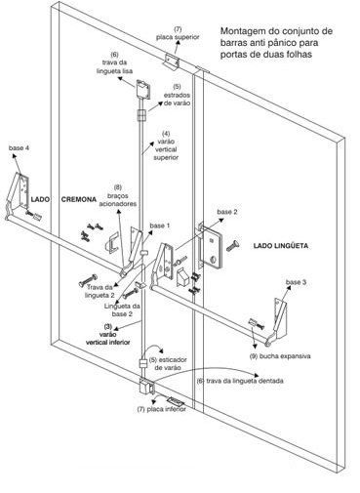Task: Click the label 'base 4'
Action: pos(19,148)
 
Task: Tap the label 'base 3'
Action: pos(296,282)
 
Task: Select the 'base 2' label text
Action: pos(227,212)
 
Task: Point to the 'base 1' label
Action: pos(160,226)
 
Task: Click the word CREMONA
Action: pos(79,199)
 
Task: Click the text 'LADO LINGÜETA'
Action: pos(281,246)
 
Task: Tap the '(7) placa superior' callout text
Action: pos(178,33)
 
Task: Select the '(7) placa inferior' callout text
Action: pos(162,409)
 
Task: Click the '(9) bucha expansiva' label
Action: pos(280,356)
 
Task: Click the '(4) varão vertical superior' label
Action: pos(166,145)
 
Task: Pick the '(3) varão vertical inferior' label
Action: pos(108,334)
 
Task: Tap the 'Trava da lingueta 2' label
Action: pos(100,291)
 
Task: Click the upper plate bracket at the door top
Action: pos(172,62)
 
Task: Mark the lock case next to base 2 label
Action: pos(211,246)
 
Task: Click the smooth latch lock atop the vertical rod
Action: pos(143,89)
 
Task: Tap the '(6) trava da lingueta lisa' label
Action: pos(114,62)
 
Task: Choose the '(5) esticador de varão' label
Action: pos(168,364)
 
